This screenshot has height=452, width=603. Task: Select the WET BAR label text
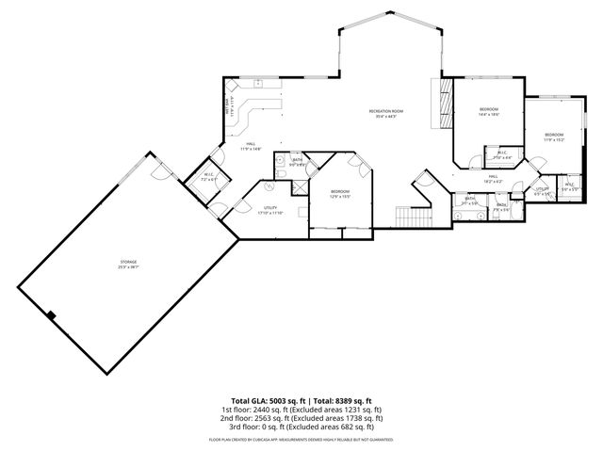(227, 106)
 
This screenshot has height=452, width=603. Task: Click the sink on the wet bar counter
(257, 85)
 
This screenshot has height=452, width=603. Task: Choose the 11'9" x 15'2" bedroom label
(554, 137)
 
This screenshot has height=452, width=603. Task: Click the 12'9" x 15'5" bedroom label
(340, 194)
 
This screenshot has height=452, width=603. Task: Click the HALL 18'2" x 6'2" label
(492, 179)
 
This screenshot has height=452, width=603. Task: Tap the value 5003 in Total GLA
(271, 400)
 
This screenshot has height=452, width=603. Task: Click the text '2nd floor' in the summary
(236, 417)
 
